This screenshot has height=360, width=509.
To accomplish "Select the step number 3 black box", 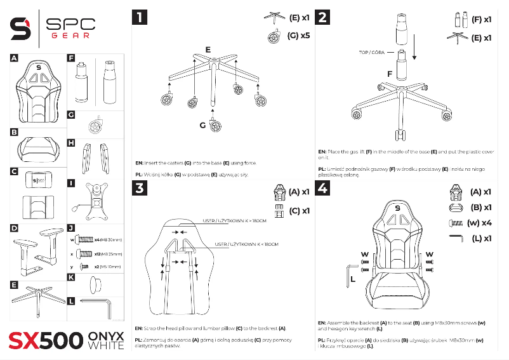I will [x=140, y=189].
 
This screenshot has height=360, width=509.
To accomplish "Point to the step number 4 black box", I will [x=324, y=189].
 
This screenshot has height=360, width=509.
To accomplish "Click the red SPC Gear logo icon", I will [x=20, y=27].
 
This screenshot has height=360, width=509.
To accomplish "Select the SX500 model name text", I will [x=44, y=340].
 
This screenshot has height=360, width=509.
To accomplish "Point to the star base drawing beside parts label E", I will [x=38, y=298].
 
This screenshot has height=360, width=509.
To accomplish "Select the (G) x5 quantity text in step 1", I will [x=298, y=36].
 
